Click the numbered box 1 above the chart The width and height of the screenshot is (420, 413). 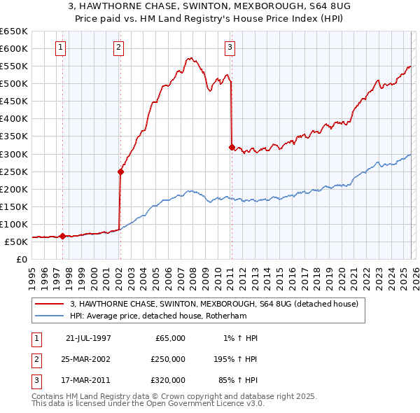point(62,48)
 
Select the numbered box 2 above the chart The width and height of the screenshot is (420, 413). point(119,48)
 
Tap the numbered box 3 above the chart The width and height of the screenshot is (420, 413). point(230,48)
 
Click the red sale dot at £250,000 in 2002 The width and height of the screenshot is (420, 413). point(120,171)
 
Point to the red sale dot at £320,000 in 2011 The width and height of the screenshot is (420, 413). point(232,146)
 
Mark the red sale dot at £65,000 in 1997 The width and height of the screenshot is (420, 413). point(63,236)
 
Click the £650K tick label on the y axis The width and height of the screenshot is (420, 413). point(13,31)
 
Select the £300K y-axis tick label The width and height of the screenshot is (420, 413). point(13,154)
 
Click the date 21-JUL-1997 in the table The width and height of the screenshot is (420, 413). point(88,338)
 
